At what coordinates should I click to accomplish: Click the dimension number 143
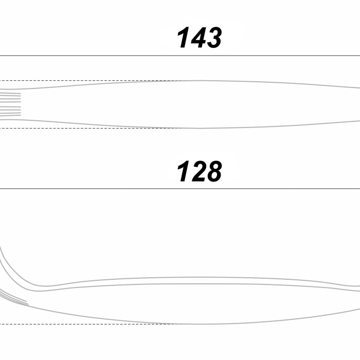(x=200, y=38)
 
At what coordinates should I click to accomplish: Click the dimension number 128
(x=200, y=171)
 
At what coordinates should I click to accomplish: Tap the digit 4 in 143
(x=199, y=38)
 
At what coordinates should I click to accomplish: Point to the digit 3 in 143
(x=214, y=38)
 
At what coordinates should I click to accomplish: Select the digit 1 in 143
(x=184, y=38)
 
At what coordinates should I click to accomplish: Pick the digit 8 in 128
(x=214, y=171)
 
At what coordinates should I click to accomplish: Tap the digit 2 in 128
(x=199, y=171)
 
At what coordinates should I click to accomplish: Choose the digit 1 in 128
(x=184, y=171)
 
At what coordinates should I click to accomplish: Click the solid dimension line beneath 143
(x=180, y=56)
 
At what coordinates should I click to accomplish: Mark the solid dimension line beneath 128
(x=180, y=189)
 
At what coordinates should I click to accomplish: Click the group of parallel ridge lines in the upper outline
(x=10, y=104)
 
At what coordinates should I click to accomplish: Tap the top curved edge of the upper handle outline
(x=180, y=81)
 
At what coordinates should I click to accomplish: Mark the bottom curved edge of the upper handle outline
(x=180, y=128)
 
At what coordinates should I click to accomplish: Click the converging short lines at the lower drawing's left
(x=14, y=298)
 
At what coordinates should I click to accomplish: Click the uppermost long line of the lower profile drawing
(x=200, y=277)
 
